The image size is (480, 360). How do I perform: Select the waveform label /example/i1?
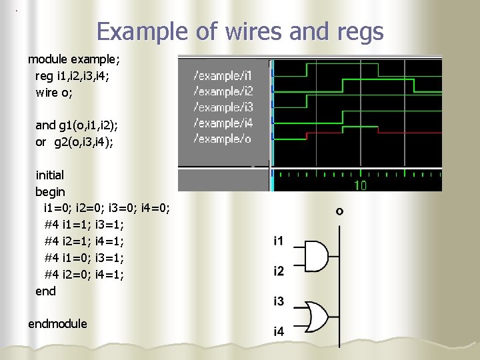coord(223,75)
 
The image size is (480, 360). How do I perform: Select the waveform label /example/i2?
coord(223,91)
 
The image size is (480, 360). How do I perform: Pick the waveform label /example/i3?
coord(223,107)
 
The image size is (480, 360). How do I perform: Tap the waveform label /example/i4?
coord(223,123)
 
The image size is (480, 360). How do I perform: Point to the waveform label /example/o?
coord(221,139)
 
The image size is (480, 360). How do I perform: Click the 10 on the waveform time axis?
coord(360,185)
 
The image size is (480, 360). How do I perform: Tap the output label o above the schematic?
coord(339,211)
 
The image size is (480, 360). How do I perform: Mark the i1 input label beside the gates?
coord(279,240)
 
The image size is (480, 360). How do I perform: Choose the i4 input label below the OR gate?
coord(279,331)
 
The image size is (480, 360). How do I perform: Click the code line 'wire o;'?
coord(54,93)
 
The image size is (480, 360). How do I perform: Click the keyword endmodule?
coord(57,324)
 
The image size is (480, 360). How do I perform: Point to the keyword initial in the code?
coord(50,175)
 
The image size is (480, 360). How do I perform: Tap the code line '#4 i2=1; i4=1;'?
coord(84,241)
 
